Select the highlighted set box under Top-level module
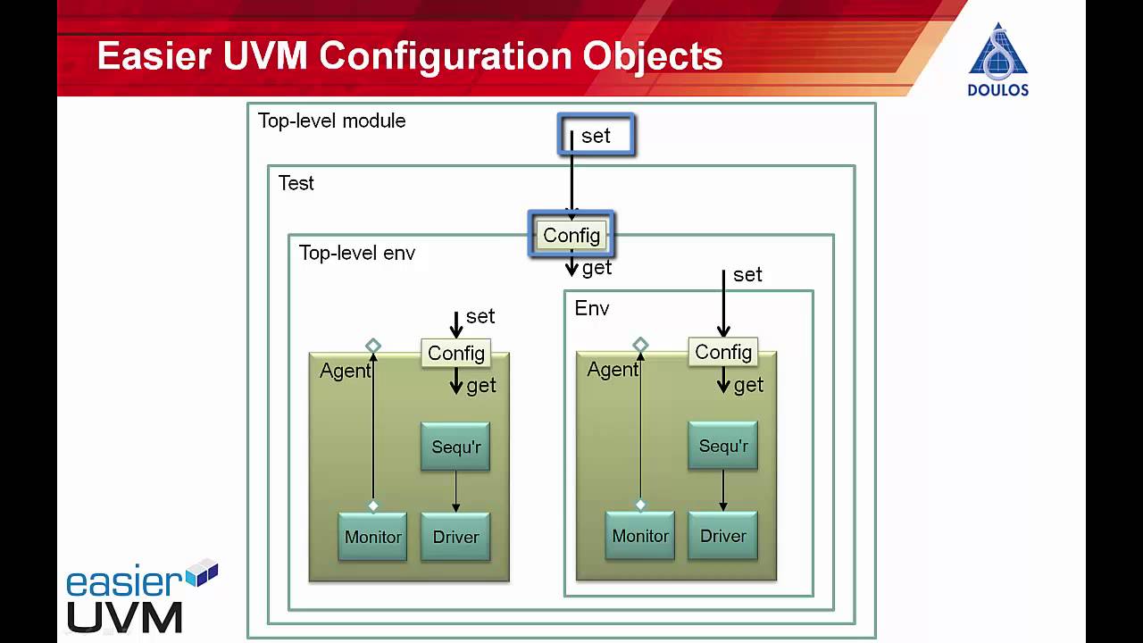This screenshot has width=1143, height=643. click(596, 135)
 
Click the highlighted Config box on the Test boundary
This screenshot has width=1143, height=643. click(571, 235)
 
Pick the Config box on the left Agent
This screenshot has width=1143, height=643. click(455, 353)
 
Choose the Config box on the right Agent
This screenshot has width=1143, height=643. click(722, 352)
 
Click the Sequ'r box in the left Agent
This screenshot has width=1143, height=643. click(455, 447)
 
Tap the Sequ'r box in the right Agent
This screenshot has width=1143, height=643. click(722, 446)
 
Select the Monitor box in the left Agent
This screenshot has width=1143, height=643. click(372, 537)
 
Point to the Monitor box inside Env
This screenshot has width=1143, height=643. click(639, 536)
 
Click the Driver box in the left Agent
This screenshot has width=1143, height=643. click(455, 537)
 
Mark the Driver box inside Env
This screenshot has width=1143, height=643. click(722, 536)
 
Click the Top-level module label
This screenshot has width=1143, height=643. click(331, 121)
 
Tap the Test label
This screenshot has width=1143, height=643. click(296, 183)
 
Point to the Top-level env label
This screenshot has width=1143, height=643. click(356, 253)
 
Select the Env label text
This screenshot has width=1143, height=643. click(592, 309)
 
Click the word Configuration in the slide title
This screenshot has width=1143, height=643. click(445, 55)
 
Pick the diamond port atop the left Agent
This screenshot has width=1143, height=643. click(373, 346)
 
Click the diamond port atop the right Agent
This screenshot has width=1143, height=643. click(640, 345)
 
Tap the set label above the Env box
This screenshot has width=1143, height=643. click(747, 275)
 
